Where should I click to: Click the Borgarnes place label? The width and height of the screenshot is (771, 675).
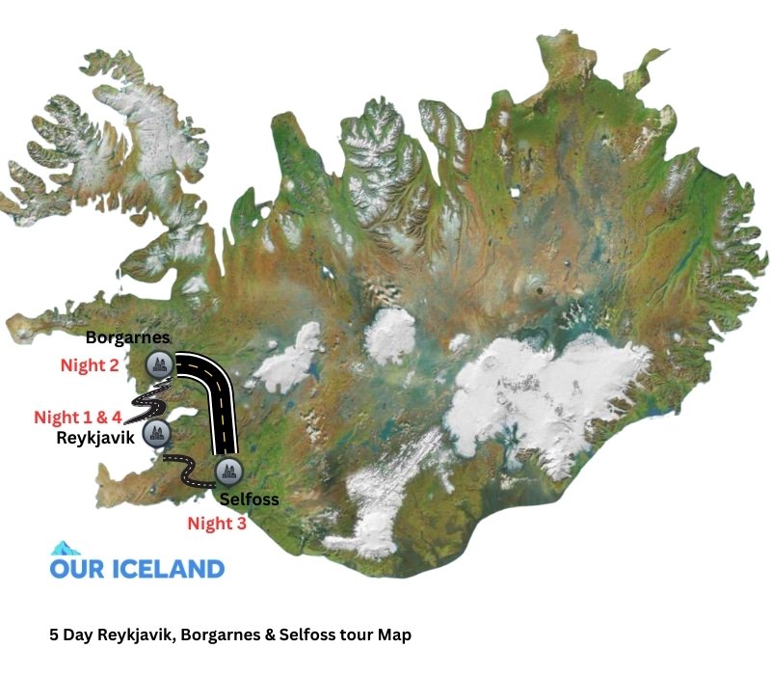point(127,337)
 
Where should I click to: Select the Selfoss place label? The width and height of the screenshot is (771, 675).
point(249,499)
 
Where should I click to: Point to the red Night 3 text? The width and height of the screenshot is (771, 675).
point(217,524)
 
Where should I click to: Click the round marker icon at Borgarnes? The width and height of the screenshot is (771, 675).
point(158,364)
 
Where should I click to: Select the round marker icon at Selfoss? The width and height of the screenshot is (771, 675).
point(227,472)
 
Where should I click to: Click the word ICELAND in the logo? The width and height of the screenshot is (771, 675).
point(165,568)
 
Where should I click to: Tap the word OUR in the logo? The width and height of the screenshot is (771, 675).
point(75,568)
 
